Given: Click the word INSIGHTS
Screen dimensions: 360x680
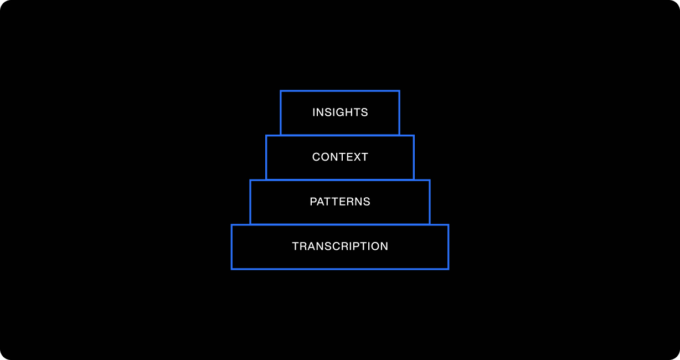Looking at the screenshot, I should pyautogui.click(x=340, y=112).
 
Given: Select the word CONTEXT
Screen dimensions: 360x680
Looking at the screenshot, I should pyautogui.click(x=340, y=157).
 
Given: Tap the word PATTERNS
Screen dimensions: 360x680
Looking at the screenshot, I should pyautogui.click(x=340, y=202).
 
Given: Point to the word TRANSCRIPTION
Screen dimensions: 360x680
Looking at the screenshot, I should pyautogui.click(x=340, y=246).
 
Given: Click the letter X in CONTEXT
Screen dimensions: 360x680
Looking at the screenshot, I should pyautogui.click(x=357, y=157).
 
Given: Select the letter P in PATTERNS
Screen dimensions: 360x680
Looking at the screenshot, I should pyautogui.click(x=313, y=202).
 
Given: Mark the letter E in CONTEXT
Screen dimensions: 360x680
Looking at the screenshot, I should pyautogui.click(x=349, y=157).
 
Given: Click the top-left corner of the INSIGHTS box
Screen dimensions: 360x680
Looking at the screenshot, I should pyautogui.click(x=281, y=91).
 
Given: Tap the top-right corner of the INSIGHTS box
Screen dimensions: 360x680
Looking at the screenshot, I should pyautogui.click(x=399, y=91).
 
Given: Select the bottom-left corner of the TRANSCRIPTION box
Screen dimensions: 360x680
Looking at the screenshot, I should pyautogui.click(x=231, y=269).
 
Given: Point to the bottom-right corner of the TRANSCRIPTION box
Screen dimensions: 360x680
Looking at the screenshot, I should pyautogui.click(x=448, y=269).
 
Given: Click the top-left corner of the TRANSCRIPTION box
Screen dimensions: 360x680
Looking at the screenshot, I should pyautogui.click(x=231, y=225).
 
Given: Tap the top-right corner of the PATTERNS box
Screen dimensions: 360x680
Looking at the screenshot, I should pyautogui.click(x=430, y=181).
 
